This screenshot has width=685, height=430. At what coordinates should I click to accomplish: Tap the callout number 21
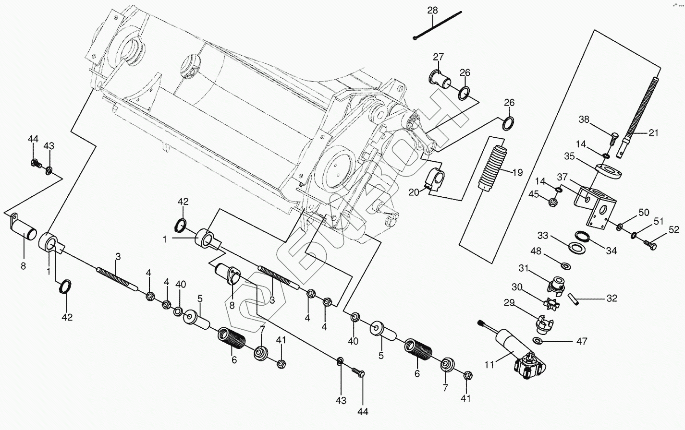pos(653,133)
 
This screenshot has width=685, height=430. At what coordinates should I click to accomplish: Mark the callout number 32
pos(611,298)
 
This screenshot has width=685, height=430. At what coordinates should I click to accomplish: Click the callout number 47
pos(581,342)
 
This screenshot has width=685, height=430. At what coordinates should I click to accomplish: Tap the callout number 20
pos(414,192)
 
